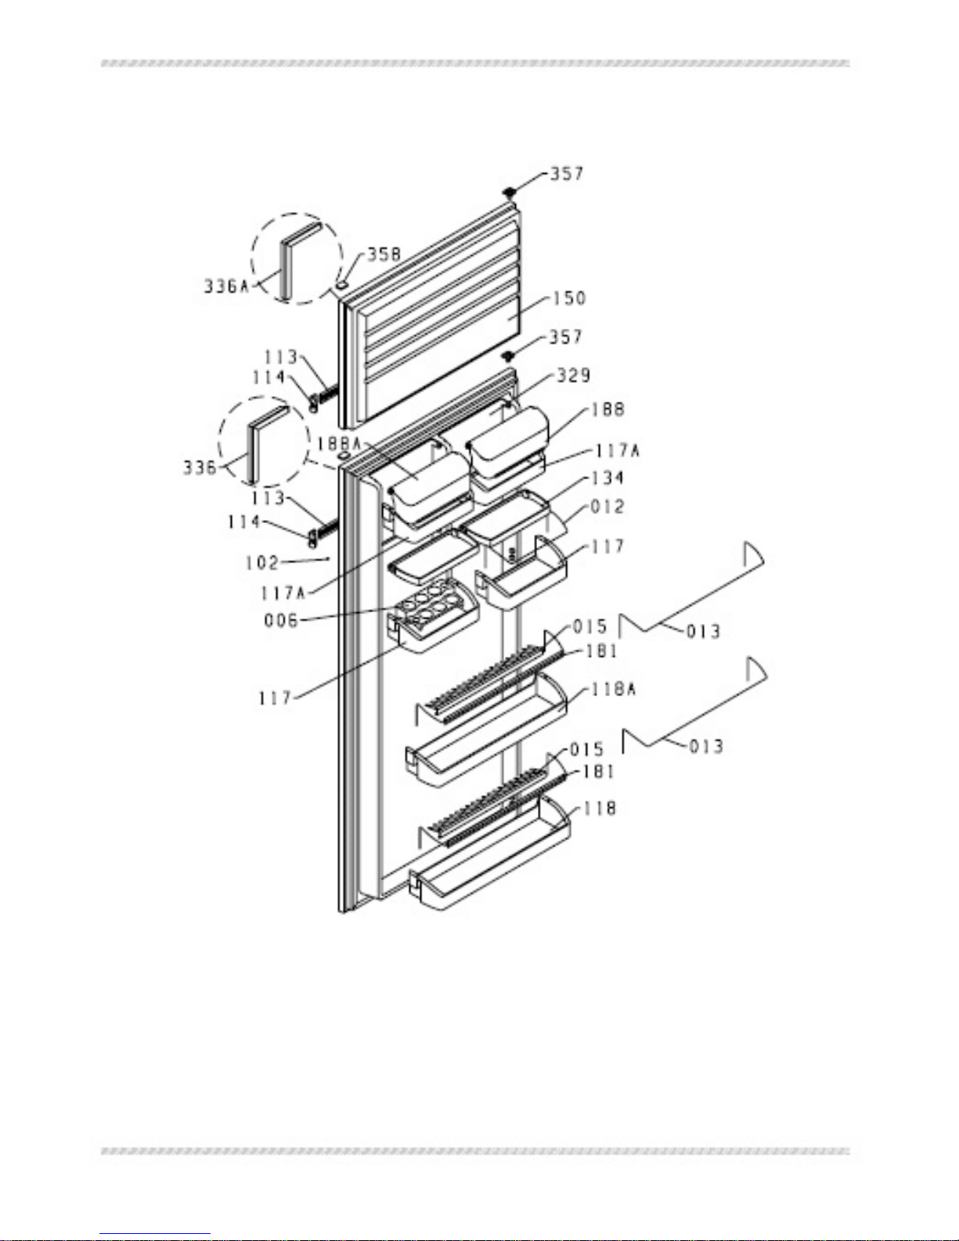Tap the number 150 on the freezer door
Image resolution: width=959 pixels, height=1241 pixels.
[568, 298]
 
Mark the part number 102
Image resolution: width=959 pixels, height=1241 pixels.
[261, 562]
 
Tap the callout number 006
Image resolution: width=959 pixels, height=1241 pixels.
[281, 620]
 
